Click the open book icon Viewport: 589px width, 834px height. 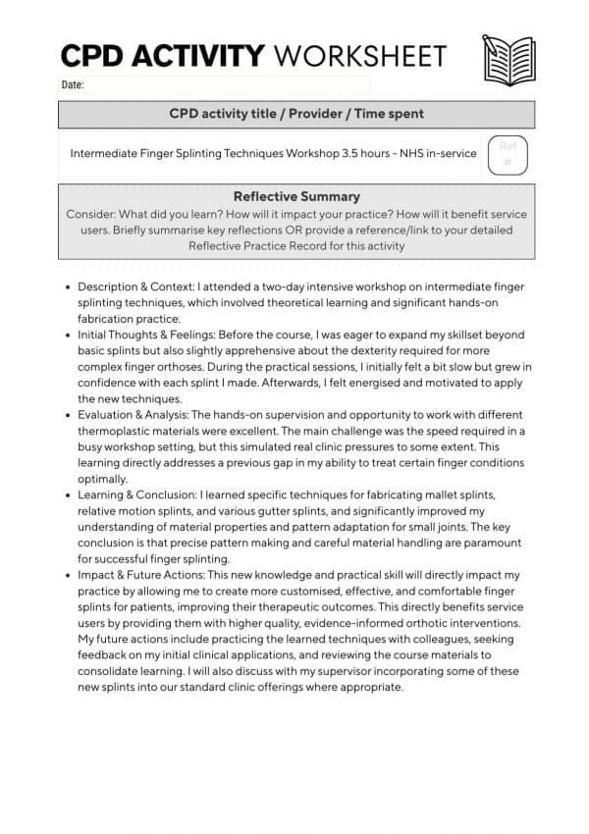click(508, 58)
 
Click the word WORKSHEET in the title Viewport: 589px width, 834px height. click(360, 55)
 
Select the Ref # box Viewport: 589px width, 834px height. click(508, 155)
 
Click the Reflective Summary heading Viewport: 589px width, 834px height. click(296, 196)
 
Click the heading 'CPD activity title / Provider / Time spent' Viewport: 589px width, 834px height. click(296, 114)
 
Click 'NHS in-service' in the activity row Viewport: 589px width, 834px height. click(441, 153)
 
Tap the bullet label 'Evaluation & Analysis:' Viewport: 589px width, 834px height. click(134, 415)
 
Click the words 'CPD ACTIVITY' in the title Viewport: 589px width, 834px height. click(162, 55)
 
